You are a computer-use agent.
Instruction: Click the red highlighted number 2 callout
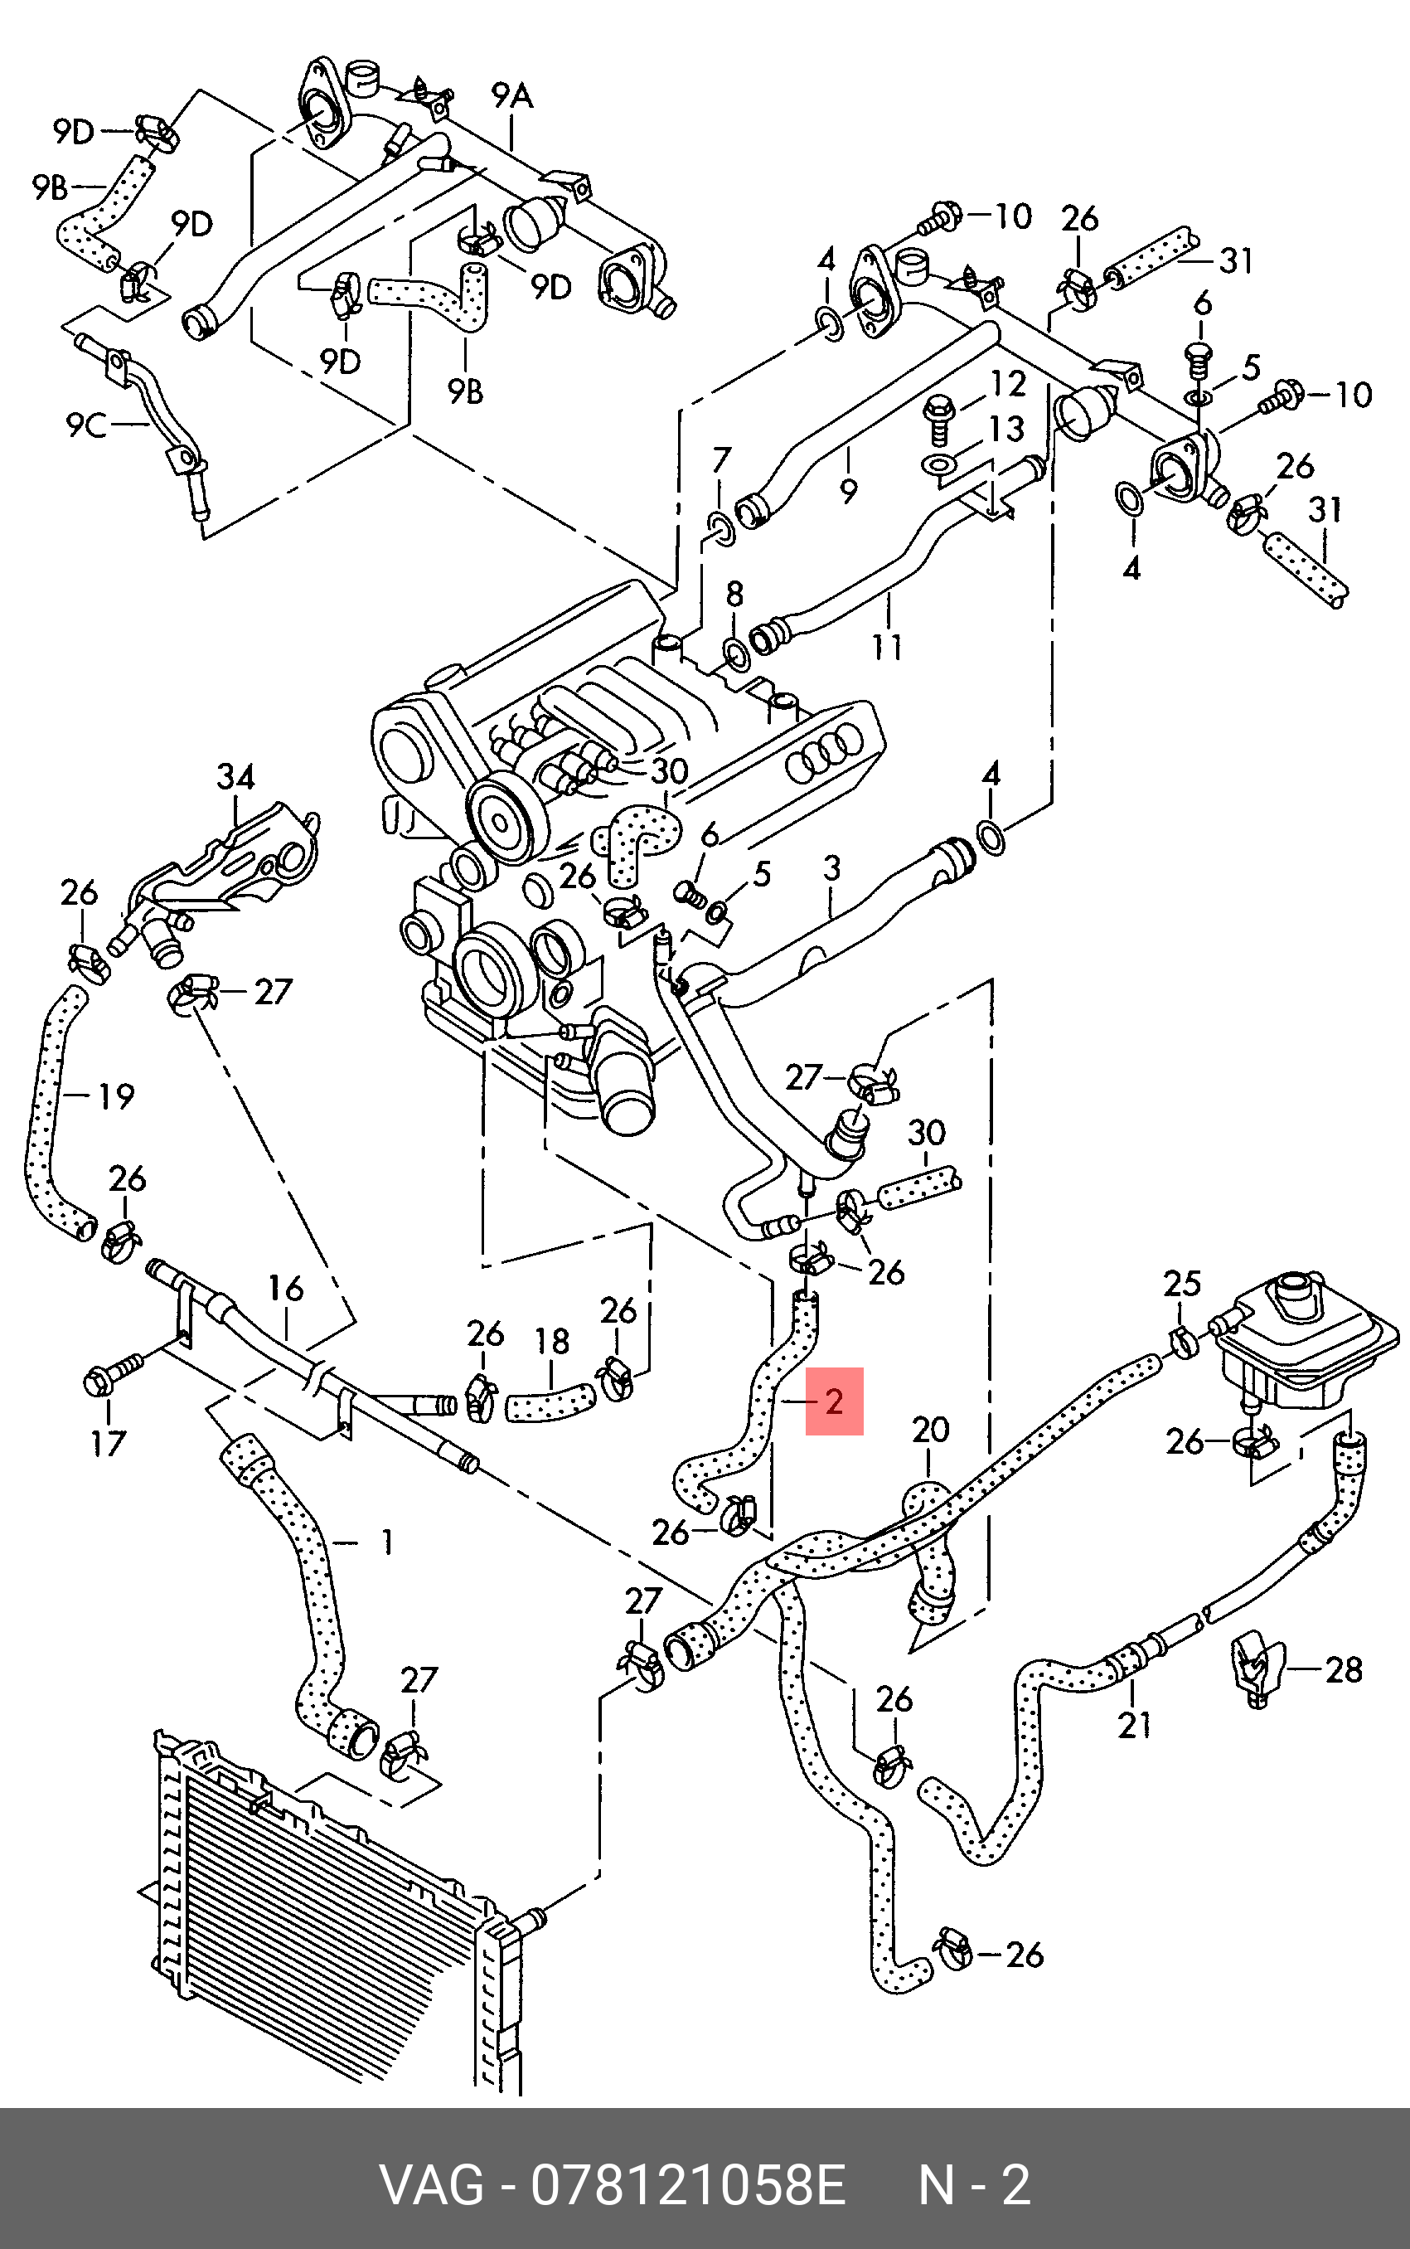[834, 1401]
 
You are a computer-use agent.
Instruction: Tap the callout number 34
[236, 776]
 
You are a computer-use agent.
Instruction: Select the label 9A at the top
[512, 95]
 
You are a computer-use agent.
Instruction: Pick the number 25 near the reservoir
[1181, 1284]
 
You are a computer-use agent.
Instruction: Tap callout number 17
[107, 1444]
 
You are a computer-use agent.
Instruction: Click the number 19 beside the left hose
[116, 1096]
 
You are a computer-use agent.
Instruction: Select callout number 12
[1007, 383]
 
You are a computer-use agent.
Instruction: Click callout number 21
[1134, 1727]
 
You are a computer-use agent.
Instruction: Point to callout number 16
[285, 1290]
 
